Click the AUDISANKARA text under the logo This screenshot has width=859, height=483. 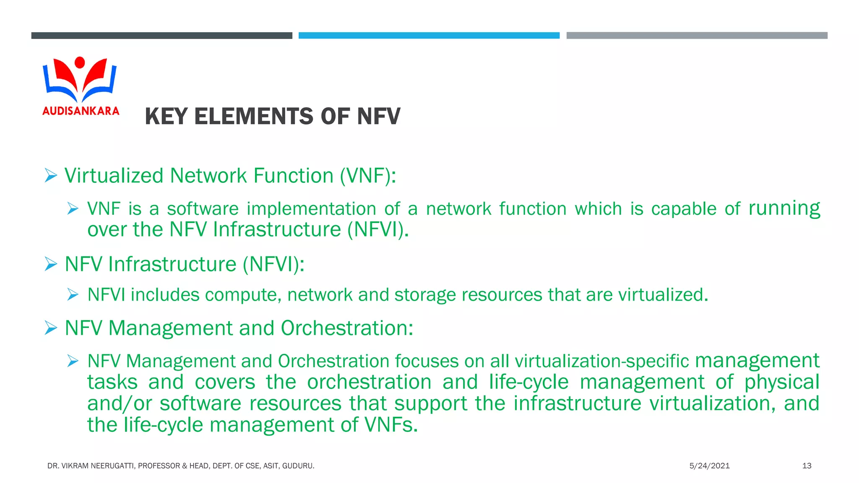(x=81, y=111)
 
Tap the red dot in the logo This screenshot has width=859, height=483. (x=79, y=62)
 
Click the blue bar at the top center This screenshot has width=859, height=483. (x=429, y=36)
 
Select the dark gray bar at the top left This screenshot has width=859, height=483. (x=161, y=36)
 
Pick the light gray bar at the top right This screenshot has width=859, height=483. (x=697, y=36)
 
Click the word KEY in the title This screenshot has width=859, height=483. (x=166, y=117)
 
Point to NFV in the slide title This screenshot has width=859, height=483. (x=378, y=117)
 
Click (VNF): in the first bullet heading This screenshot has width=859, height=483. (x=368, y=176)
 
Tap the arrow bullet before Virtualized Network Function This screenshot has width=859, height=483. (x=51, y=175)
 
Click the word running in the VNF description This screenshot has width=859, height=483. (x=784, y=208)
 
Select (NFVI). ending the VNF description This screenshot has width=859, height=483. (x=378, y=230)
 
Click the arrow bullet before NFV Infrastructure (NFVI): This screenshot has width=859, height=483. (x=51, y=264)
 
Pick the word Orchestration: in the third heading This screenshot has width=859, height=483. (x=347, y=328)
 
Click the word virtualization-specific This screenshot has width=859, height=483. (x=601, y=361)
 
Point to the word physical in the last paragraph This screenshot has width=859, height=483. (x=781, y=382)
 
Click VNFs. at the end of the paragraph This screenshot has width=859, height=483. (x=391, y=425)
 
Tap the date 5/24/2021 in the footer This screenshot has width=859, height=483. (x=709, y=466)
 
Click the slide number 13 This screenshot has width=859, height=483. (x=807, y=466)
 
